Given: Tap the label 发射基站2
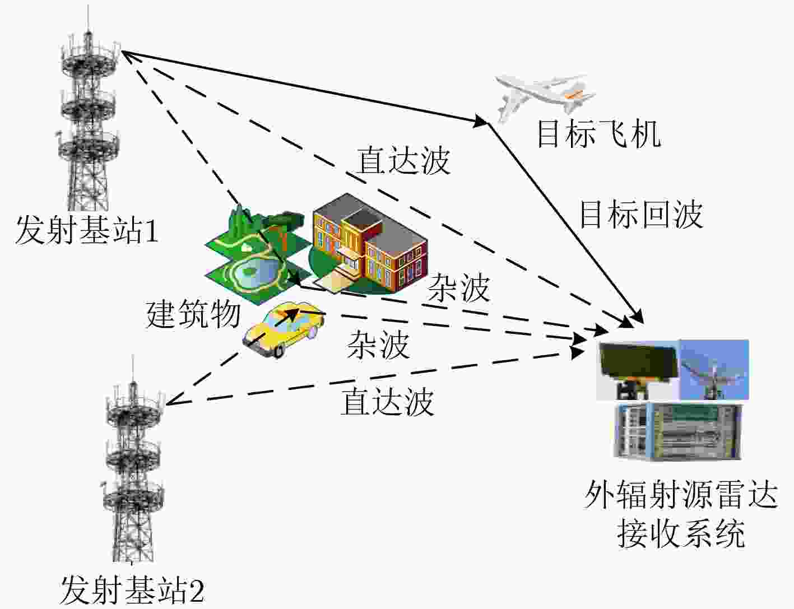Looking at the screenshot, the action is point(132,590).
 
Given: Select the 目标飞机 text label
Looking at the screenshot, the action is point(598,134).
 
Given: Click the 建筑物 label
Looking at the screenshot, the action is point(193,314).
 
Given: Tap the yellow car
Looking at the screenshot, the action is point(284,329).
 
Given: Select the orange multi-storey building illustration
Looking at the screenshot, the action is point(369,244).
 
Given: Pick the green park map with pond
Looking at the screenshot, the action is point(256,255).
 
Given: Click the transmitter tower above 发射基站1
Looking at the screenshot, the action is point(88,110).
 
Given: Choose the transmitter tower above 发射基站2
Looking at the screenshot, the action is point(133,461).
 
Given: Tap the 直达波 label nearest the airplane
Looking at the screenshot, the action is point(403,161).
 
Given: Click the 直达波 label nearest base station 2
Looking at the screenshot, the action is point(387,402).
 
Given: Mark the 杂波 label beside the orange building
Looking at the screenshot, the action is point(458,289).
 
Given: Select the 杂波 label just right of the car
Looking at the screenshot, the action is point(378,345).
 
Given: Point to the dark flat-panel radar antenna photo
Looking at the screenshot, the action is point(638,370).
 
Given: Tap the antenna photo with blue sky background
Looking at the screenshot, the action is point(714,370).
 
